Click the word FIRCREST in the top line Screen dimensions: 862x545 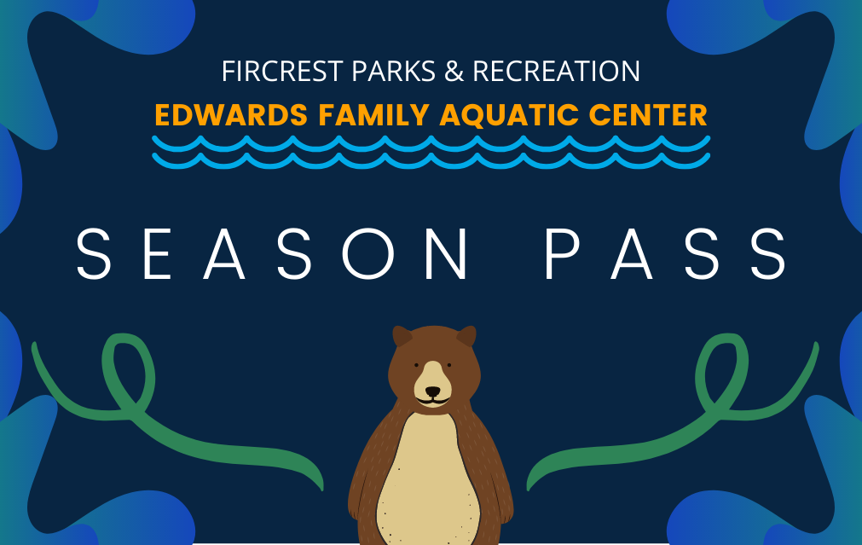282,71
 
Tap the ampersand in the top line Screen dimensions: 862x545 454,71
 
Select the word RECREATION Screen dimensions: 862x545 557,71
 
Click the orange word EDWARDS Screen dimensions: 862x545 231,115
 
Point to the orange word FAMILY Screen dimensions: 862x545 373,115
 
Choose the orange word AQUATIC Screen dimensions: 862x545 509,116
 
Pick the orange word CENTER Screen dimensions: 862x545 648,115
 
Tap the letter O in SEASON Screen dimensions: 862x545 368,254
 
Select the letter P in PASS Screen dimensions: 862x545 563,254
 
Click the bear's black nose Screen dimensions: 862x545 432,391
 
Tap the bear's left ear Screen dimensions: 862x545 402,335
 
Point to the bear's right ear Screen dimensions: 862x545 466,335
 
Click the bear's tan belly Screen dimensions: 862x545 428,478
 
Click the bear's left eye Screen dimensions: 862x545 416,365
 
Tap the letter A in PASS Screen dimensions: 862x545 632,254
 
